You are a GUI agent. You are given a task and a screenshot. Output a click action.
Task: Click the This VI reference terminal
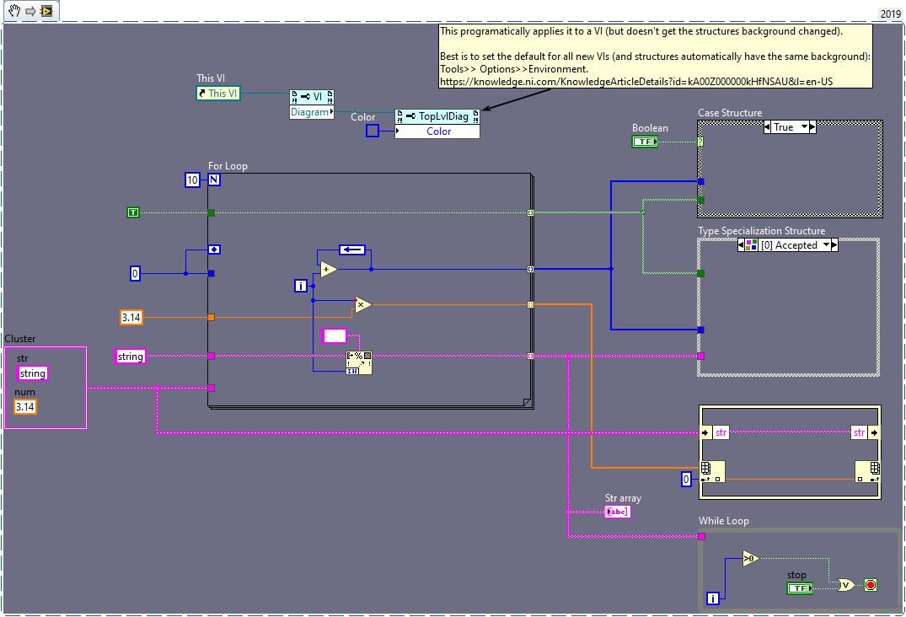[217, 94]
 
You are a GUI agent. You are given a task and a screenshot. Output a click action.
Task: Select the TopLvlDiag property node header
[437, 116]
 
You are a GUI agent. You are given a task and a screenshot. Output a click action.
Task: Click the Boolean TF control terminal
[645, 142]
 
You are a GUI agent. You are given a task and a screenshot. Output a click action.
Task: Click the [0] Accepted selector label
[788, 245]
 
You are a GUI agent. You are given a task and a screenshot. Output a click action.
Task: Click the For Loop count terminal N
[214, 180]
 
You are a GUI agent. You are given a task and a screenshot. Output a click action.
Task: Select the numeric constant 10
[191, 180]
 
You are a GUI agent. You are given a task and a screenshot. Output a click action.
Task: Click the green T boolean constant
[132, 212]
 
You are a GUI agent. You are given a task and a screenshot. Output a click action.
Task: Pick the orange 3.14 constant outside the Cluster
[131, 317]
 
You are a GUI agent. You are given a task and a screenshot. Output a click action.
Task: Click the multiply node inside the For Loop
[362, 304]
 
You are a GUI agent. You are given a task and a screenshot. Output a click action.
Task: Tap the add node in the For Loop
[328, 269]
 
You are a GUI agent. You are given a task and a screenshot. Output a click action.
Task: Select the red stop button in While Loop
[870, 585]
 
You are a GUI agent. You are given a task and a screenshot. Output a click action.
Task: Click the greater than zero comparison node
[750, 558]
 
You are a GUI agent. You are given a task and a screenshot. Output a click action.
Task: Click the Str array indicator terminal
[617, 512]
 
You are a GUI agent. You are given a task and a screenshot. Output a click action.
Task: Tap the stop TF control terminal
[798, 588]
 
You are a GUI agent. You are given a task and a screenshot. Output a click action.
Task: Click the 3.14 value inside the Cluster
[25, 407]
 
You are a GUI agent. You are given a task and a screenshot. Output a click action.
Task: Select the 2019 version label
[890, 13]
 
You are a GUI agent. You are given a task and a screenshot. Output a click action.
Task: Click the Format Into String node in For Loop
[358, 363]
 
